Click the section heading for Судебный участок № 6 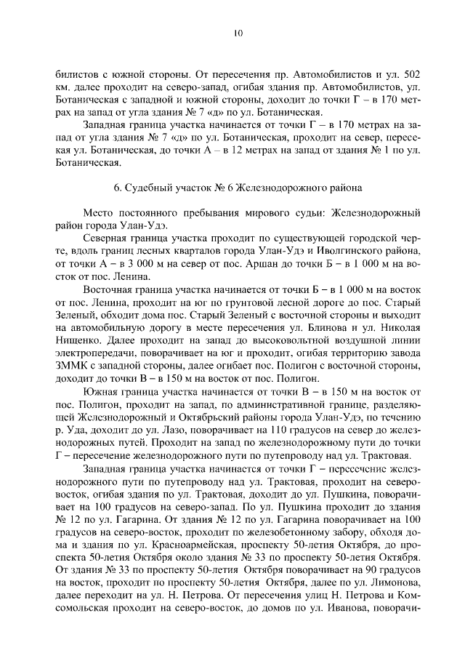(238, 187)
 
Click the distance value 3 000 (131, 264)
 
